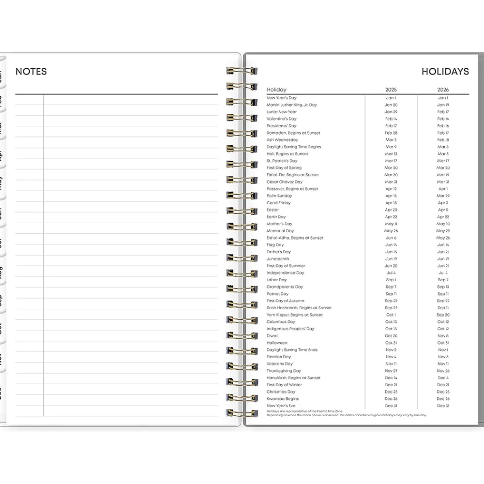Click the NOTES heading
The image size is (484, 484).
(x=31, y=72)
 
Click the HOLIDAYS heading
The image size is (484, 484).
(x=445, y=72)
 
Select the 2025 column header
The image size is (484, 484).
(x=391, y=90)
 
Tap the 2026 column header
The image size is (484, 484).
(x=443, y=90)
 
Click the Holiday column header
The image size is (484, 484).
(x=276, y=90)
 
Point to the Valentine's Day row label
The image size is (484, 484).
(x=281, y=119)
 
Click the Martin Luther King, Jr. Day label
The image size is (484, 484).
(x=291, y=105)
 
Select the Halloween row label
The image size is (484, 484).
(x=277, y=343)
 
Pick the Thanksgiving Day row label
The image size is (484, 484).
(x=284, y=371)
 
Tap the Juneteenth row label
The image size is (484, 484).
(x=278, y=259)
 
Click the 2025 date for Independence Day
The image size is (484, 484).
(x=391, y=273)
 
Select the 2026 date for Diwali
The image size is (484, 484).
(x=443, y=336)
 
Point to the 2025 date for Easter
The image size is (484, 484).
(x=391, y=210)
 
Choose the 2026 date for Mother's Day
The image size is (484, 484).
(x=443, y=224)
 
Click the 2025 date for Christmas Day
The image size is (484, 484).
(x=391, y=392)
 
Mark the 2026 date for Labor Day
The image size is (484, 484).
(x=443, y=280)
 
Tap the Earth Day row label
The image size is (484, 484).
(x=276, y=217)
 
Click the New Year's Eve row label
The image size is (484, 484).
(x=281, y=406)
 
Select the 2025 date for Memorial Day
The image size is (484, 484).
(x=391, y=231)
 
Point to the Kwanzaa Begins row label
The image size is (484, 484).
(x=283, y=399)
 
